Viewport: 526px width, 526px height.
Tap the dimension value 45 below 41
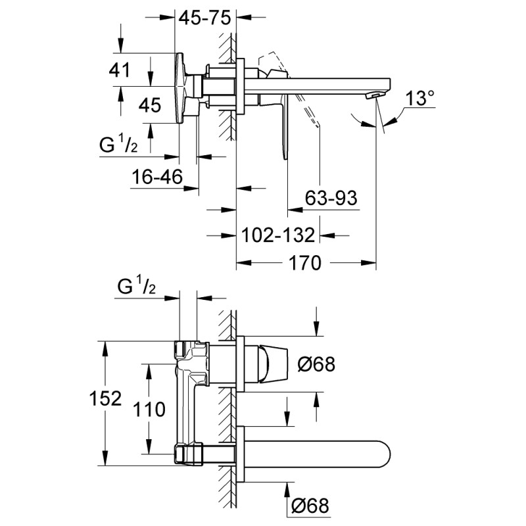tap(150, 105)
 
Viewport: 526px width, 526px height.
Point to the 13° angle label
tap(420, 99)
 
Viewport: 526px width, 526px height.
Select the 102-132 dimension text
tap(277, 235)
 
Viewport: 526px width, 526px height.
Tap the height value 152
tap(107, 398)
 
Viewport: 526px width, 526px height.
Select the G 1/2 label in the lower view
tap(136, 287)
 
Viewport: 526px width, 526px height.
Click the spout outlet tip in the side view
tap(377, 97)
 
